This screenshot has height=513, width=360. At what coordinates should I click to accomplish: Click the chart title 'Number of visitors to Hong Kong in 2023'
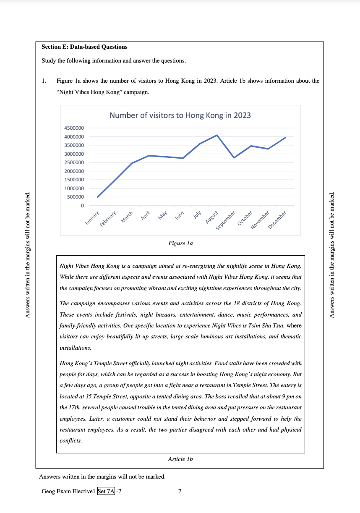[x=180, y=115]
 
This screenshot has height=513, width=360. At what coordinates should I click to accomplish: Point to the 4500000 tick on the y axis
[x=73, y=128]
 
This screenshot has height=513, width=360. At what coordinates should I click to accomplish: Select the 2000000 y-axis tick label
[x=73, y=171]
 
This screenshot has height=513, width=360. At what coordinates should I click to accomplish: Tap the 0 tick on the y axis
[x=82, y=206]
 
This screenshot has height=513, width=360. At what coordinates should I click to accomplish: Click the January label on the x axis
[x=92, y=218]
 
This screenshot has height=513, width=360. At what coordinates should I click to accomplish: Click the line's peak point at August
[x=217, y=135]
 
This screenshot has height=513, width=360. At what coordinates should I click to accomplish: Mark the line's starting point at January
[x=98, y=197]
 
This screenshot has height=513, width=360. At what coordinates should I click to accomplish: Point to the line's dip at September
[x=234, y=157]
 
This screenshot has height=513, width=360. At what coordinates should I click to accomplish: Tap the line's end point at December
[x=285, y=138]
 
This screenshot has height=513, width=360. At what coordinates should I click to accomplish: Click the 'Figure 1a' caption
[x=180, y=243]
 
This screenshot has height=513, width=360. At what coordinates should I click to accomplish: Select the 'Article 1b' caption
[x=180, y=459]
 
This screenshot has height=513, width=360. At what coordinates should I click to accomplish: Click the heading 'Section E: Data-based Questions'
[x=84, y=47]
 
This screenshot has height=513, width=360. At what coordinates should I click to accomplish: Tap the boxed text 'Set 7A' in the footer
[x=106, y=491]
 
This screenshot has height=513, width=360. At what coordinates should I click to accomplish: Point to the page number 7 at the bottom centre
[x=180, y=491]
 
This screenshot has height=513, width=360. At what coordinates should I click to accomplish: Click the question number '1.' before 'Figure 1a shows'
[x=44, y=81]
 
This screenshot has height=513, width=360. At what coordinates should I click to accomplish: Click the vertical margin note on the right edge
[x=333, y=255]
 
